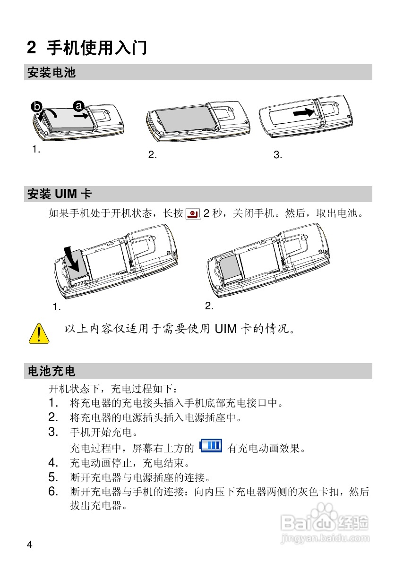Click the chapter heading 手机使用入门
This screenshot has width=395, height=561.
coord(96,48)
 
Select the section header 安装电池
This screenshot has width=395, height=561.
coord(52,73)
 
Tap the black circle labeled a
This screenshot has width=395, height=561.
coord(78,105)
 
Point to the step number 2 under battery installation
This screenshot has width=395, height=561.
coord(152,155)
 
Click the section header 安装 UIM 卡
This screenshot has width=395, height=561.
coord(60,194)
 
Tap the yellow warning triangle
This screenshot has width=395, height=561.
coord(39,333)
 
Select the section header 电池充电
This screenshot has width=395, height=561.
coord(52,371)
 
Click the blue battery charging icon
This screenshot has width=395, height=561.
coord(211,445)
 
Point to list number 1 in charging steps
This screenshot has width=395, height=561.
coord(53,403)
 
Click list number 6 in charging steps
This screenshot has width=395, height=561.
coord(53,492)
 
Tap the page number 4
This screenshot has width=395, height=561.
coord(29,545)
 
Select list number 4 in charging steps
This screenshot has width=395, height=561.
coord(53,462)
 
